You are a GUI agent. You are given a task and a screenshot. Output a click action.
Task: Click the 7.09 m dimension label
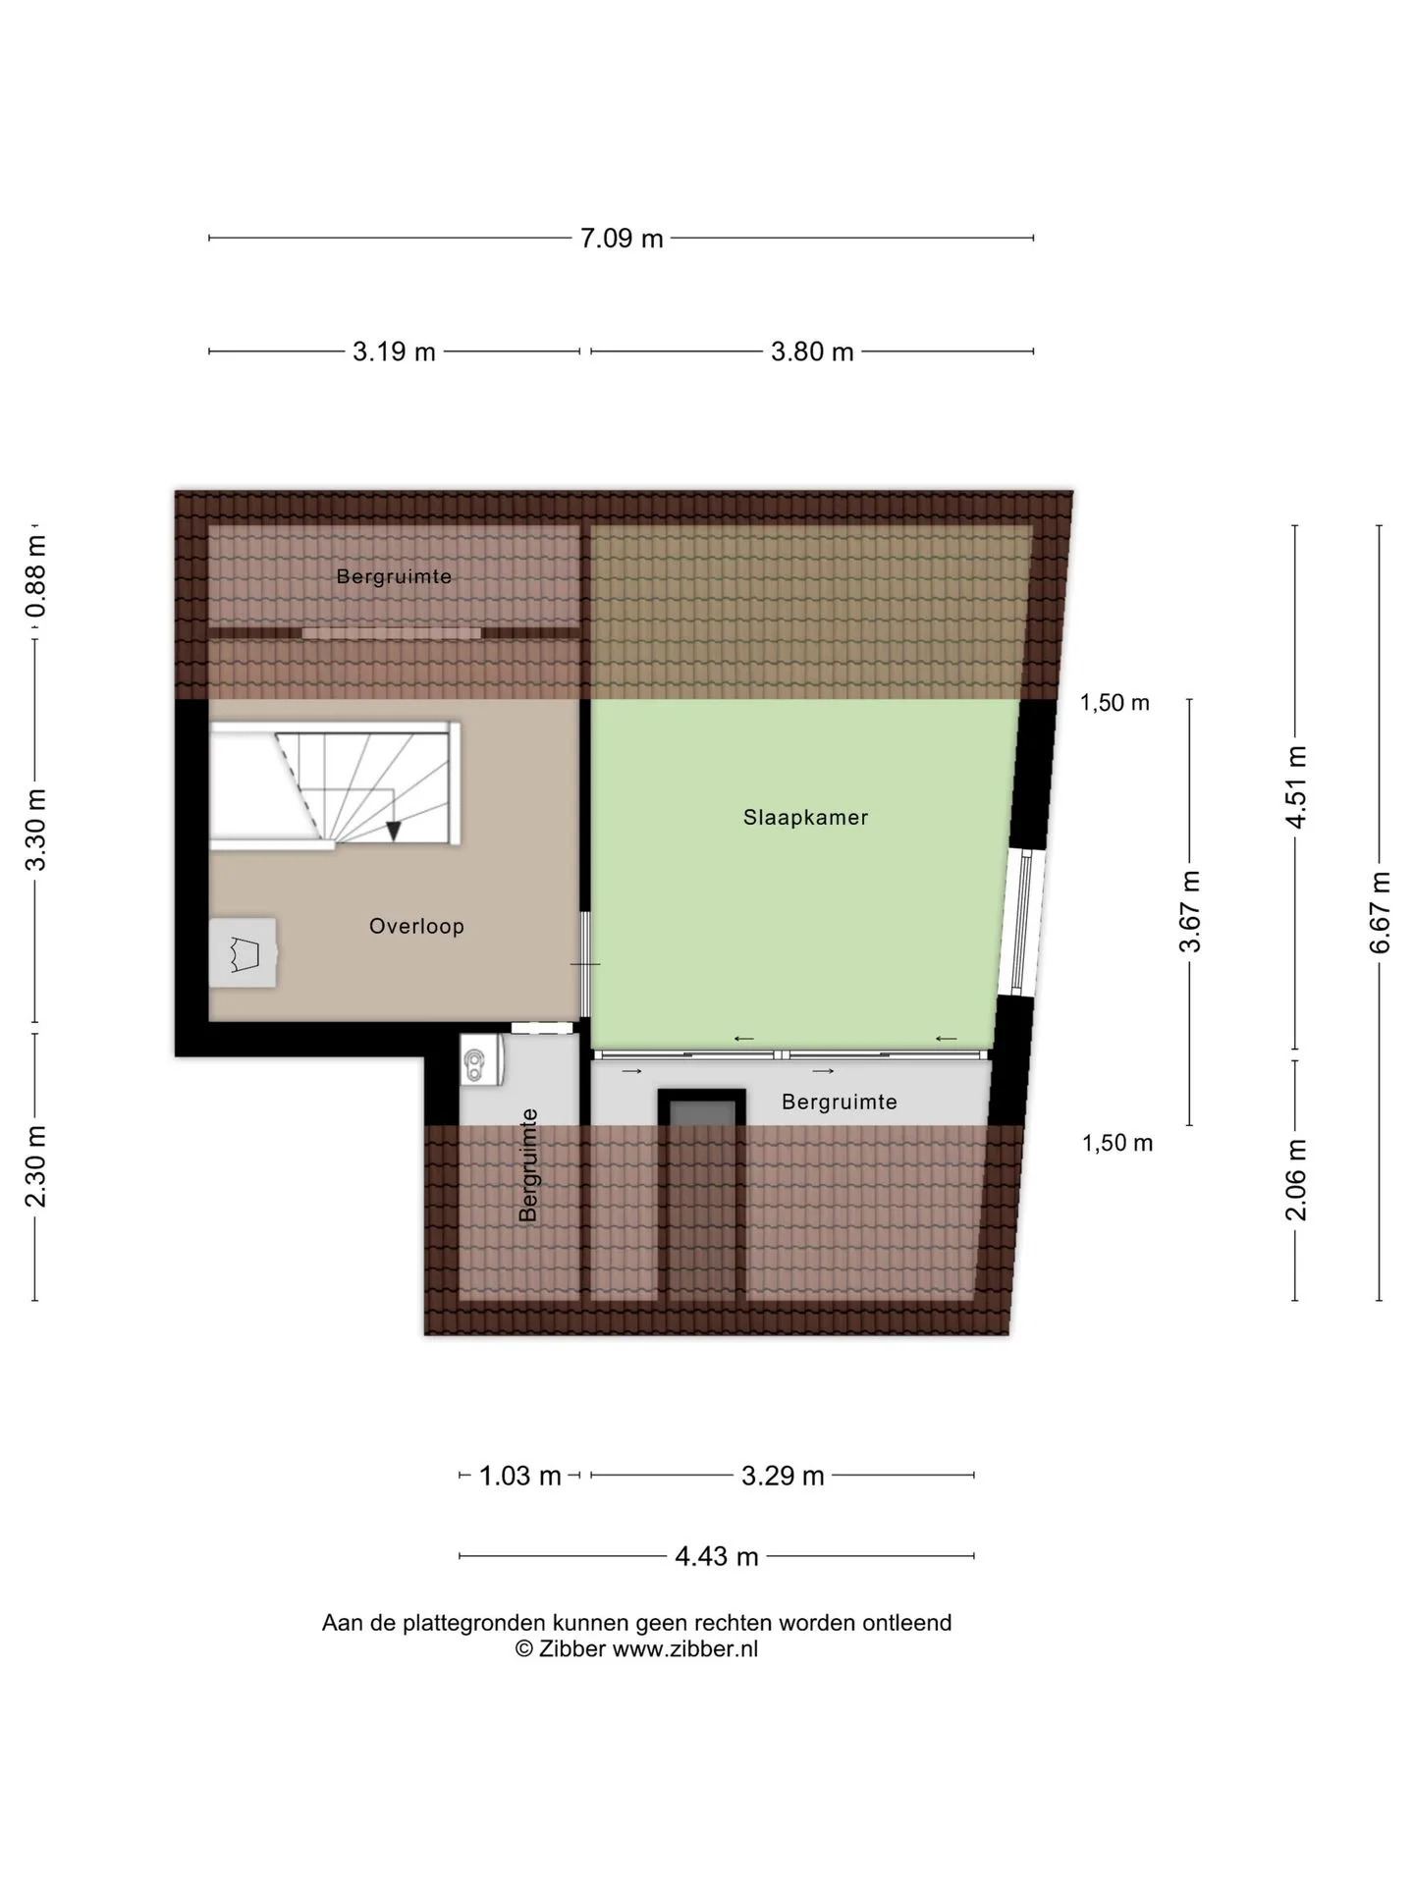coord(622,239)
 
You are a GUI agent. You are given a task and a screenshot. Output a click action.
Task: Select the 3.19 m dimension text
coord(394,351)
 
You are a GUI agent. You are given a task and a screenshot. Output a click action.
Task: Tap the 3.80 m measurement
coord(812,351)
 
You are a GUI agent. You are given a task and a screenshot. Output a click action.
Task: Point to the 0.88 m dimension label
coord(35,575)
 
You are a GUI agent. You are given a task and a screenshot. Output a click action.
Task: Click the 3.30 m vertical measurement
coord(35,830)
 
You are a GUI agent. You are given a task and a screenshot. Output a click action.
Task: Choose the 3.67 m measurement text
coord(1190,911)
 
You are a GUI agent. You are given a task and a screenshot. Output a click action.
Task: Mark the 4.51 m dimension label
coord(1296,787)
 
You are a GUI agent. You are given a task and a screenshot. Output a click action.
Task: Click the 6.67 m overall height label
coord(1381,912)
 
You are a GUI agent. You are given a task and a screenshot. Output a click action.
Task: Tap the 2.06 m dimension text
coord(1296,1180)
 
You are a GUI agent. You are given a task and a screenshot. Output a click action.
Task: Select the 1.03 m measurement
coord(519,1476)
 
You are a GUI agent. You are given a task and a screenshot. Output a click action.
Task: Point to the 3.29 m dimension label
coord(783,1476)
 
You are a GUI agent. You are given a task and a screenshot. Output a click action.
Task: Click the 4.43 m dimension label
coord(717,1556)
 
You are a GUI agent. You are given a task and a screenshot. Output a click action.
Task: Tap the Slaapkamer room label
coord(806,817)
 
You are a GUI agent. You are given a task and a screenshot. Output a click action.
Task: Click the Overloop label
coord(416,926)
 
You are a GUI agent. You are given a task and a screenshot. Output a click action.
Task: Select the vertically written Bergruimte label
coord(528,1165)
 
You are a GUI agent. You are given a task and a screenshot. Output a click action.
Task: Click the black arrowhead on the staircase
coord(394,831)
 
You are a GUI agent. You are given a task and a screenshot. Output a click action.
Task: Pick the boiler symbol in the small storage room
coord(483,1061)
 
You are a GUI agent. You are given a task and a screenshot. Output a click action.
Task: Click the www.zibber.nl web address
coord(685,1649)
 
